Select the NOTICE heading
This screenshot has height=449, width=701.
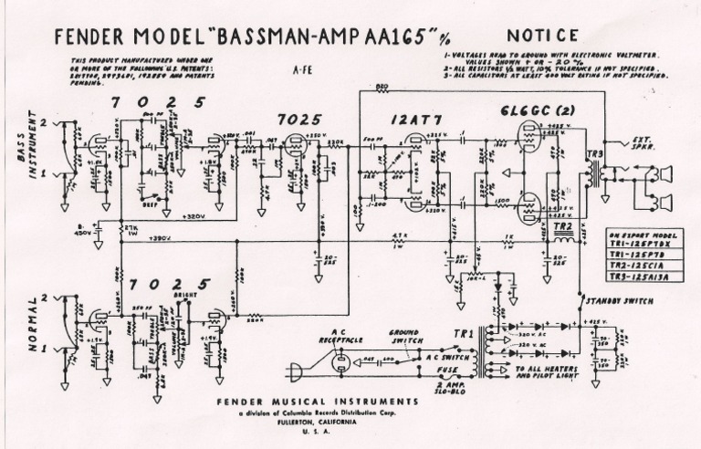click(542, 36)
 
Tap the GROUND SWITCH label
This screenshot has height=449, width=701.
click(404, 335)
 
